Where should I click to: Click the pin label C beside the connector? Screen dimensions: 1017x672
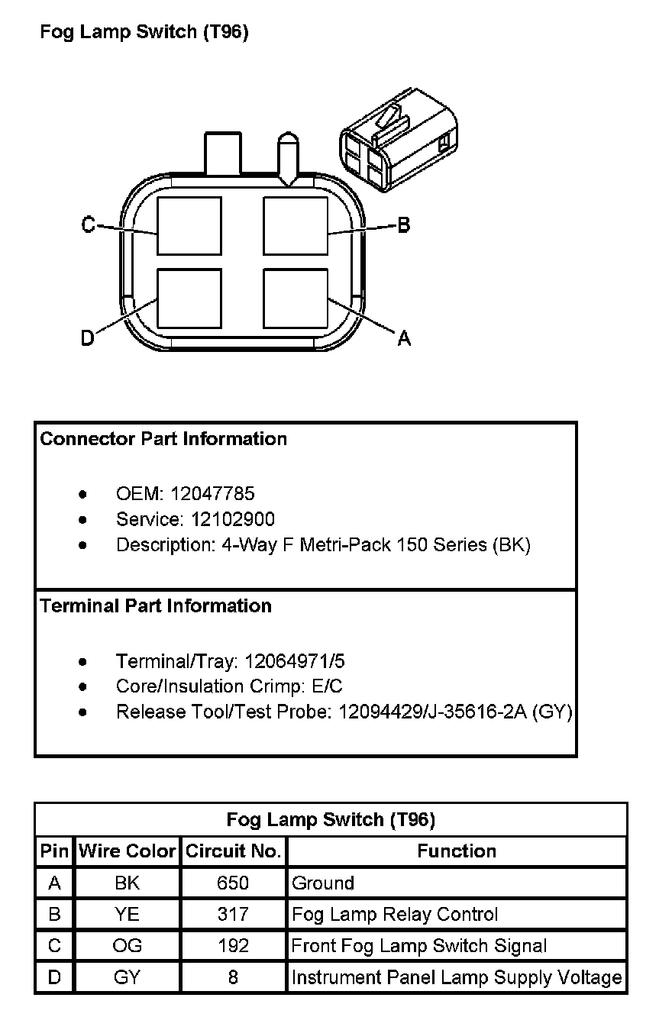tap(89, 224)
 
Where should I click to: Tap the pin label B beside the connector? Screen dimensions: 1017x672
tap(404, 224)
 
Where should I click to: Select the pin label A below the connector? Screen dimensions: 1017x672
tap(404, 338)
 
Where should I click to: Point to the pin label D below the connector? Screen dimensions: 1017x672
tap(88, 338)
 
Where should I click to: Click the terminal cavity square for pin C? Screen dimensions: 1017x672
tap(189, 225)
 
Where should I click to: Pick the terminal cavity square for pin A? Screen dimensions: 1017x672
tap(296, 298)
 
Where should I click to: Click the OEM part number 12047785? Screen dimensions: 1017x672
tap(212, 494)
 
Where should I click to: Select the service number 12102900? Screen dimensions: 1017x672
tap(233, 520)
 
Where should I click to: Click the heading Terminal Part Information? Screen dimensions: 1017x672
tap(156, 606)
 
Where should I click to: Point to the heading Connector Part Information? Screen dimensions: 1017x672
tap(163, 439)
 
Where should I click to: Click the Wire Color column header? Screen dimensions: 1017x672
tap(127, 851)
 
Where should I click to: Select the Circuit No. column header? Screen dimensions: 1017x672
tap(233, 851)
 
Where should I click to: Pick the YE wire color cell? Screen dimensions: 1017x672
tap(127, 915)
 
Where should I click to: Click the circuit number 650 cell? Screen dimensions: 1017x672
tap(233, 883)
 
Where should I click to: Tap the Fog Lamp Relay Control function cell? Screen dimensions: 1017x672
tap(395, 915)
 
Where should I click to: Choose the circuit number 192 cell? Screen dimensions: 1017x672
tap(233, 946)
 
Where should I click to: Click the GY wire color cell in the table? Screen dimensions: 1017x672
tap(127, 977)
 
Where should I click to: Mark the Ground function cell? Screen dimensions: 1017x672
tap(323, 883)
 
